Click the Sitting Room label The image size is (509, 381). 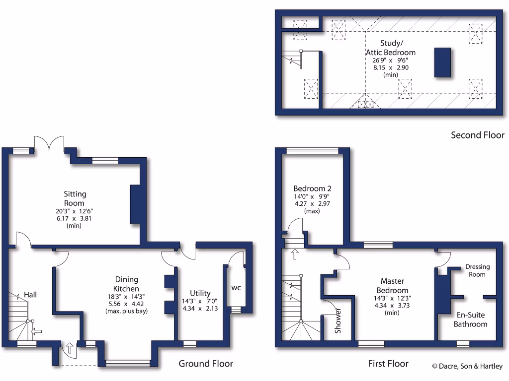[74, 198]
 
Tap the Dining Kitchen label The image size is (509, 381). [127, 284]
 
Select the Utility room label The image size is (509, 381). [200, 293]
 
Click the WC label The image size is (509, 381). [236, 287]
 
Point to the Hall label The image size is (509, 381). [30, 295]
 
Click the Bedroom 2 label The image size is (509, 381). [312, 189]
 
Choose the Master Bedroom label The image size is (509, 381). [392, 285]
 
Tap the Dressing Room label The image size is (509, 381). [477, 270]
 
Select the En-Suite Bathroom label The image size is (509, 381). [470, 319]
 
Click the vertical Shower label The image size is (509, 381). [339, 320]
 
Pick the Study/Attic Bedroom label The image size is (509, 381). [391, 48]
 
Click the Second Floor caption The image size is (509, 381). [477, 135]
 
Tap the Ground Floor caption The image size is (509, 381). [206, 364]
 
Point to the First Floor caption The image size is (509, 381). [388, 364]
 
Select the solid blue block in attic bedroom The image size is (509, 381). [442, 62]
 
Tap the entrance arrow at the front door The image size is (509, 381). [70, 348]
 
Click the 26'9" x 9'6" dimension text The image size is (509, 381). [391, 60]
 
